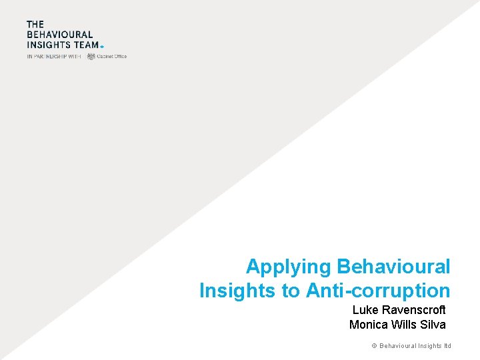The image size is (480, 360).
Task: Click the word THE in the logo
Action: click(x=35, y=25)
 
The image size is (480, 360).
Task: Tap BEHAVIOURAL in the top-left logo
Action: click(x=59, y=35)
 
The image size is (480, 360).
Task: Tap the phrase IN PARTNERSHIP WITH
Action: click(x=53, y=57)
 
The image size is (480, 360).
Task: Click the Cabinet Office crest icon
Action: click(x=91, y=57)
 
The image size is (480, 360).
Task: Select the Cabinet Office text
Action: click(x=112, y=57)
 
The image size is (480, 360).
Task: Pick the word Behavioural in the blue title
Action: click(x=393, y=267)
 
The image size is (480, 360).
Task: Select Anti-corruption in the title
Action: click(x=378, y=291)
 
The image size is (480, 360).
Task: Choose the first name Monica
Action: click(x=368, y=325)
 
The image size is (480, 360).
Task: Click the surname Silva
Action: click(x=433, y=325)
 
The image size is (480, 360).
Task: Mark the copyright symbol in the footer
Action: click(x=375, y=346)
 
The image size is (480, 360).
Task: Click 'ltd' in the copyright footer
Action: click(x=447, y=346)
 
